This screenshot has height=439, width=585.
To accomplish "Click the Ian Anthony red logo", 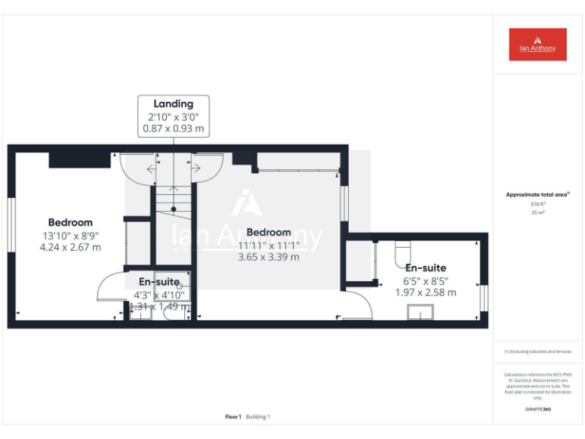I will (538, 44).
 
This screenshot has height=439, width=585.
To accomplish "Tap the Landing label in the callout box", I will (174, 104).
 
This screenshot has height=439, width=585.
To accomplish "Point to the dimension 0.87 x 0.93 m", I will (174, 129).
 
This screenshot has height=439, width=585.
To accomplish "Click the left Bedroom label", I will (70, 223).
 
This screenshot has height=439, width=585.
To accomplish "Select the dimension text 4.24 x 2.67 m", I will (70, 247).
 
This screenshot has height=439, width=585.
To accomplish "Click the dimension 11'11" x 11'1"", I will (269, 245).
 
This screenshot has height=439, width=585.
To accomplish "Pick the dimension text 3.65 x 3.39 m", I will (269, 257).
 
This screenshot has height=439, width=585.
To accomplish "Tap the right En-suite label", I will (426, 268).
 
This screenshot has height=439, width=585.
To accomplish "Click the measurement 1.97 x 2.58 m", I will (426, 293).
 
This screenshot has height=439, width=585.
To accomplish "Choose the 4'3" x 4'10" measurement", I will (159, 294).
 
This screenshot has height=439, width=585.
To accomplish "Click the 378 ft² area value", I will (538, 204).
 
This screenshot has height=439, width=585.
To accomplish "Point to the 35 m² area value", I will (538, 213).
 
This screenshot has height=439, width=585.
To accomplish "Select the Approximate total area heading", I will (538, 195).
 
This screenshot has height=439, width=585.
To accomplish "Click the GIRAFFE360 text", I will (538, 409).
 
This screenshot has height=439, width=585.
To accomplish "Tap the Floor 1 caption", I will (233, 417).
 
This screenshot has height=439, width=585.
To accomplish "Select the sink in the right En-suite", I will (420, 312).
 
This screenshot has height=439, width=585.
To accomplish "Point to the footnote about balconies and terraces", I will (538, 351).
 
